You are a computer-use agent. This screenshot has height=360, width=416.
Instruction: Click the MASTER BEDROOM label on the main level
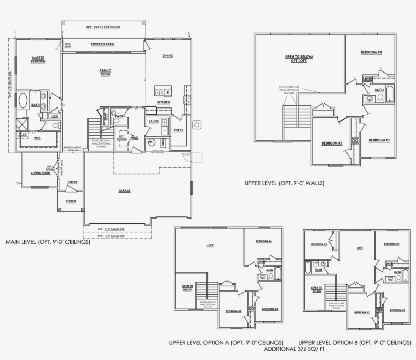[x=38, y=59]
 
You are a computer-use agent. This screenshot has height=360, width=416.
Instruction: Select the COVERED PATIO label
[x=102, y=44]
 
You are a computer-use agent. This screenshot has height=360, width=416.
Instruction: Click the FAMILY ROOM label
[x=105, y=72]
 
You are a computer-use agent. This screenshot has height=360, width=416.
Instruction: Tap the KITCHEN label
[x=163, y=102]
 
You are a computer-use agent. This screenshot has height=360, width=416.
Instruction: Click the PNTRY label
[x=178, y=130]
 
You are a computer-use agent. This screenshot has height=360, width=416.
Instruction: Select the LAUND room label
[x=154, y=122]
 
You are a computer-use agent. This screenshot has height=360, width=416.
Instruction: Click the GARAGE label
[x=125, y=191]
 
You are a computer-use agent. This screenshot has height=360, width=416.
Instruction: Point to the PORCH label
[x=71, y=201]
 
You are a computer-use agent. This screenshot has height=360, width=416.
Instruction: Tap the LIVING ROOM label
[x=41, y=173]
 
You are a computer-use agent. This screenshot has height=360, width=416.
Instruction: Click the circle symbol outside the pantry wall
[x=197, y=124]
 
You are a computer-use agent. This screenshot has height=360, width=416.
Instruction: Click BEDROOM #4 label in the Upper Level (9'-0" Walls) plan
[x=371, y=52]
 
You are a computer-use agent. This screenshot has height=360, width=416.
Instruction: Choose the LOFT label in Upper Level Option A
[x=210, y=245]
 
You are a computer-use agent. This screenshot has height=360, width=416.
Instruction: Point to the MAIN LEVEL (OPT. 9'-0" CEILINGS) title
[x=48, y=242]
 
